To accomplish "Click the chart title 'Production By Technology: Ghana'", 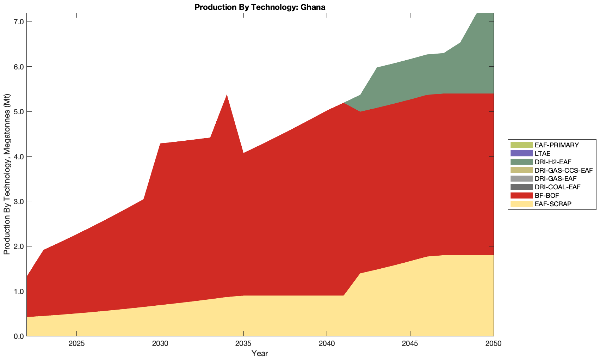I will [x=260, y=7].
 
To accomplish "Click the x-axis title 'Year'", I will [x=260, y=353].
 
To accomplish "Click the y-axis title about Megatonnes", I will [x=7, y=174].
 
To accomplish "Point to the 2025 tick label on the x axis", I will [x=77, y=344].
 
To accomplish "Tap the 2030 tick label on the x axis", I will [x=160, y=344].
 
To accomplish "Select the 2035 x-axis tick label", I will [x=243, y=344].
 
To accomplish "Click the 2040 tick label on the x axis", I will [x=327, y=344].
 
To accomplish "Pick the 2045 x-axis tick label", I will [x=410, y=344].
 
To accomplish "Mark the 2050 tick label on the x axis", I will [x=493, y=344].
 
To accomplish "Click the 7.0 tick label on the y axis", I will [x=17, y=22].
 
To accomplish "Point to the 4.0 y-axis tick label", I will [x=17, y=157].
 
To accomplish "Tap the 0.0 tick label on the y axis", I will [x=17, y=336].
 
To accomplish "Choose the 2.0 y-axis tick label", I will [x=17, y=246].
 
